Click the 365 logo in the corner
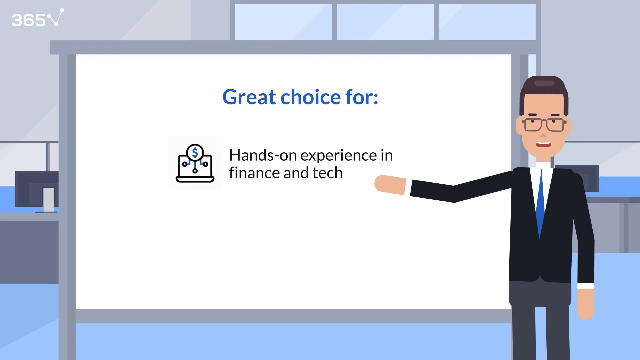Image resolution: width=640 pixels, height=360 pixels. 38,18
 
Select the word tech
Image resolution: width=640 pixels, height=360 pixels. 328,173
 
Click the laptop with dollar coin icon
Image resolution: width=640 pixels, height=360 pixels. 195,163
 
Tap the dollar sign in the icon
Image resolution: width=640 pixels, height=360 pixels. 195,153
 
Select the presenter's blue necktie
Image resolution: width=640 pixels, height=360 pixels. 540,203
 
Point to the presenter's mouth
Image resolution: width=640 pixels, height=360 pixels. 544,144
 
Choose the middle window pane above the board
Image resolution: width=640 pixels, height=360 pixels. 385,22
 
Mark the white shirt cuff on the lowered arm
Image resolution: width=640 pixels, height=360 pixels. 586,286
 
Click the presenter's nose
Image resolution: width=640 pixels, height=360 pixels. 543,135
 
